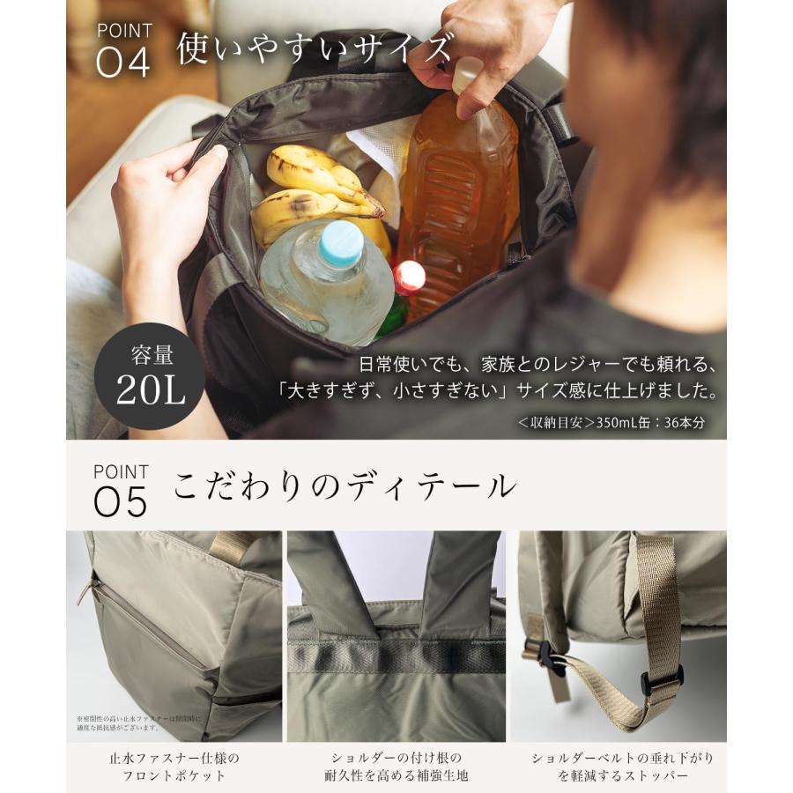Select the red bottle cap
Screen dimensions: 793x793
[409, 278]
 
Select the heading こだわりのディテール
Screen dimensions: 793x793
[345, 486]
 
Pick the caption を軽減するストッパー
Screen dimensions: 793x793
[622, 776]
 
